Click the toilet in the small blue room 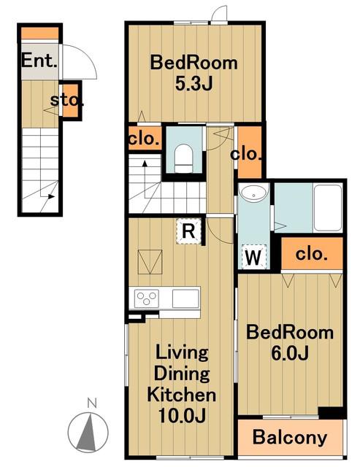(183, 158)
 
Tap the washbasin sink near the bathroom (253, 193)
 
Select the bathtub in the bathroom (328, 207)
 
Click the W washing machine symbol (253, 256)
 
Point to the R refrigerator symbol (188, 231)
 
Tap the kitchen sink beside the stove (185, 298)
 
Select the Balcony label (290, 438)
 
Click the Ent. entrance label (39, 61)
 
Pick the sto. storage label (66, 101)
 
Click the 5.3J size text (194, 85)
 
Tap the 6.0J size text (290, 354)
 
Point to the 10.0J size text (182, 415)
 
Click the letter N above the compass (92, 403)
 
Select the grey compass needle (88, 432)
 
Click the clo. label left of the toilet (144, 139)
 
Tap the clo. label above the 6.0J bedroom (311, 254)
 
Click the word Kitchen (182, 395)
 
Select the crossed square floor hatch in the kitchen (150, 262)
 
